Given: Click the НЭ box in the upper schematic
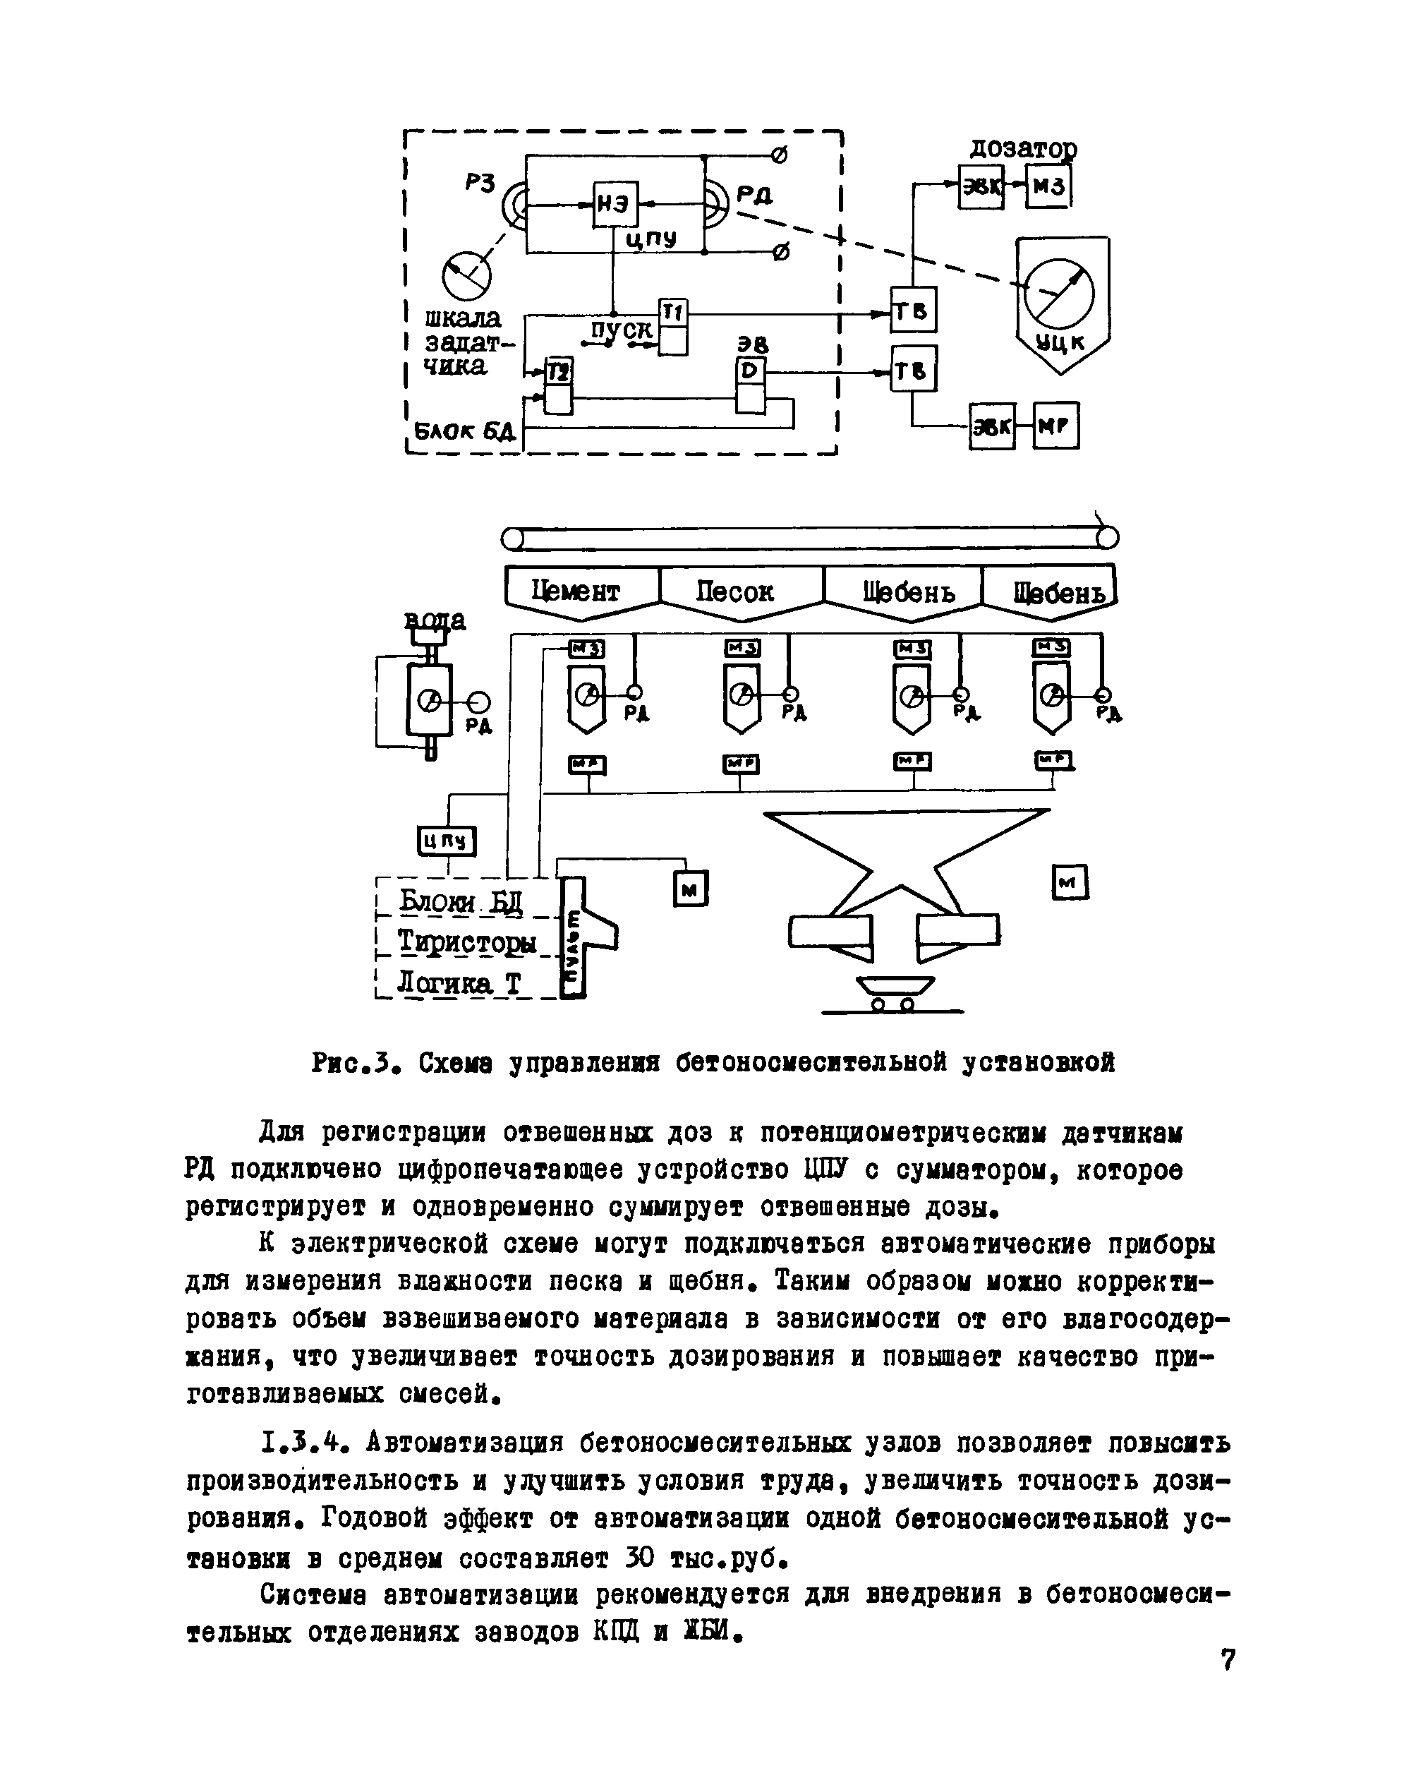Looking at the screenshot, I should click(615, 204).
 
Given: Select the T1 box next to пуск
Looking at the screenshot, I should click(673, 313).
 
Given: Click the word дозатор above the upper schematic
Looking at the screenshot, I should click(1024, 149).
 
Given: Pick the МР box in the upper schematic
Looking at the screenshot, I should click(1056, 426).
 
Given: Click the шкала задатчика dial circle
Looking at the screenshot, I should click(466, 275).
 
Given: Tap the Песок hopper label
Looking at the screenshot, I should click(734, 591).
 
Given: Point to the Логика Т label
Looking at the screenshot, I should click(459, 982).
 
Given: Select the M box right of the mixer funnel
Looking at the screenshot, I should click(1070, 882).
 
